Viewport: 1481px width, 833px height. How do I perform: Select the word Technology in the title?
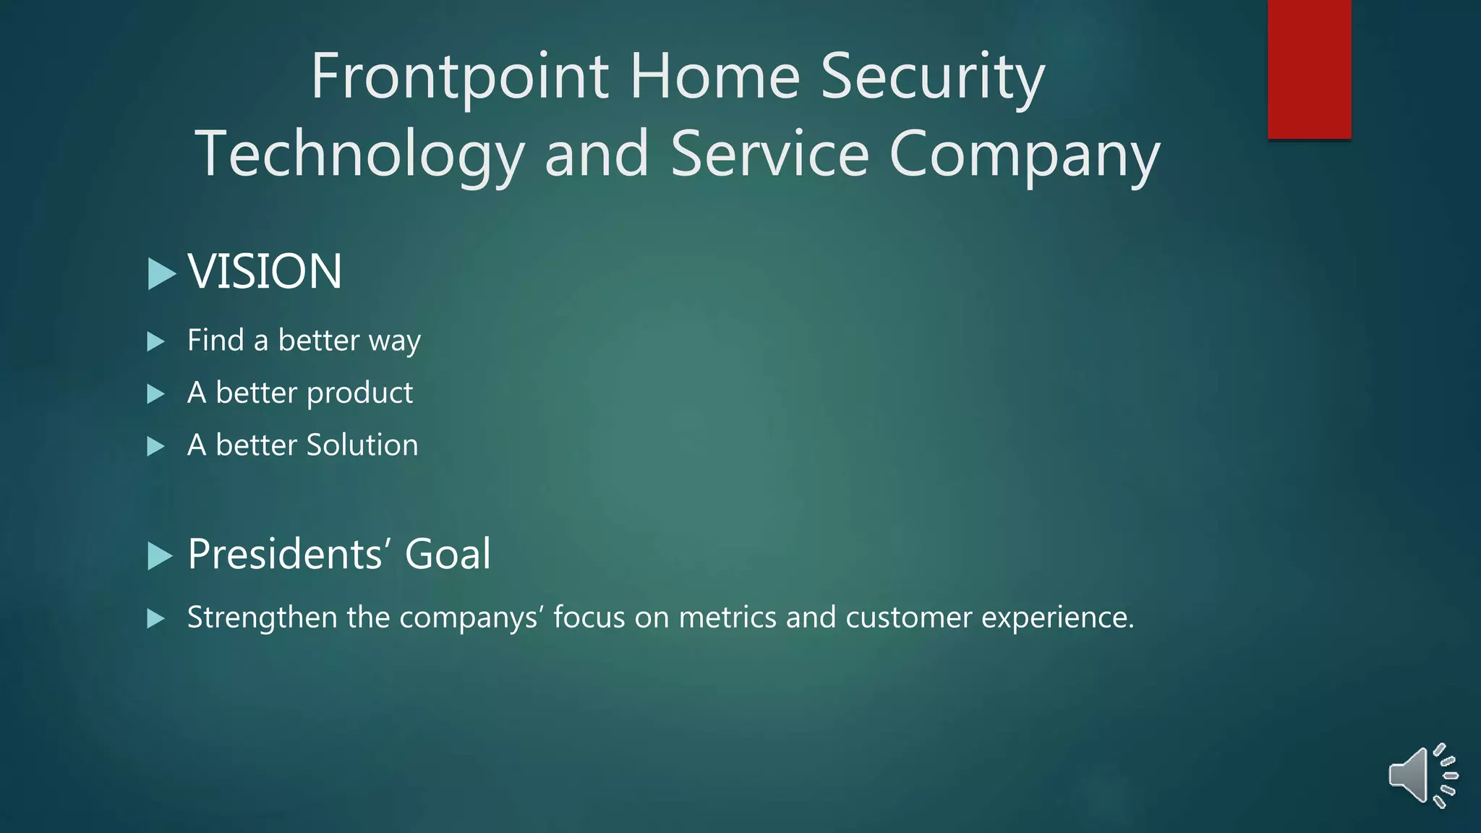[x=359, y=155]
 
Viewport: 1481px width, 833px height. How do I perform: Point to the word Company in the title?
[x=1024, y=155]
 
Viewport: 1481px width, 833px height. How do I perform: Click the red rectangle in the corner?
[x=1309, y=69]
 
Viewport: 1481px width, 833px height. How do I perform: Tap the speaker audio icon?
[x=1422, y=775]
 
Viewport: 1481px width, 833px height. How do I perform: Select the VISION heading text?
[x=265, y=272]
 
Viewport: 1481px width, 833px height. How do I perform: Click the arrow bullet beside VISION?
[x=161, y=273]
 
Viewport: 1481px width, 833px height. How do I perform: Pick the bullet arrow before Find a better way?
[x=155, y=341]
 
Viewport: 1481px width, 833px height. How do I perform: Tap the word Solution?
[x=362, y=445]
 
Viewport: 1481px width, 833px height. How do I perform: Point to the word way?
[x=394, y=341]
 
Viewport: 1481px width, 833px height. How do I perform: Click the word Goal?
[x=448, y=555]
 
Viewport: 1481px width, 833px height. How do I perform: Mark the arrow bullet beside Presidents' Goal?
[x=160, y=556]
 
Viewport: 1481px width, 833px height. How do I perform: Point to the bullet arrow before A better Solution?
[x=155, y=446]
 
